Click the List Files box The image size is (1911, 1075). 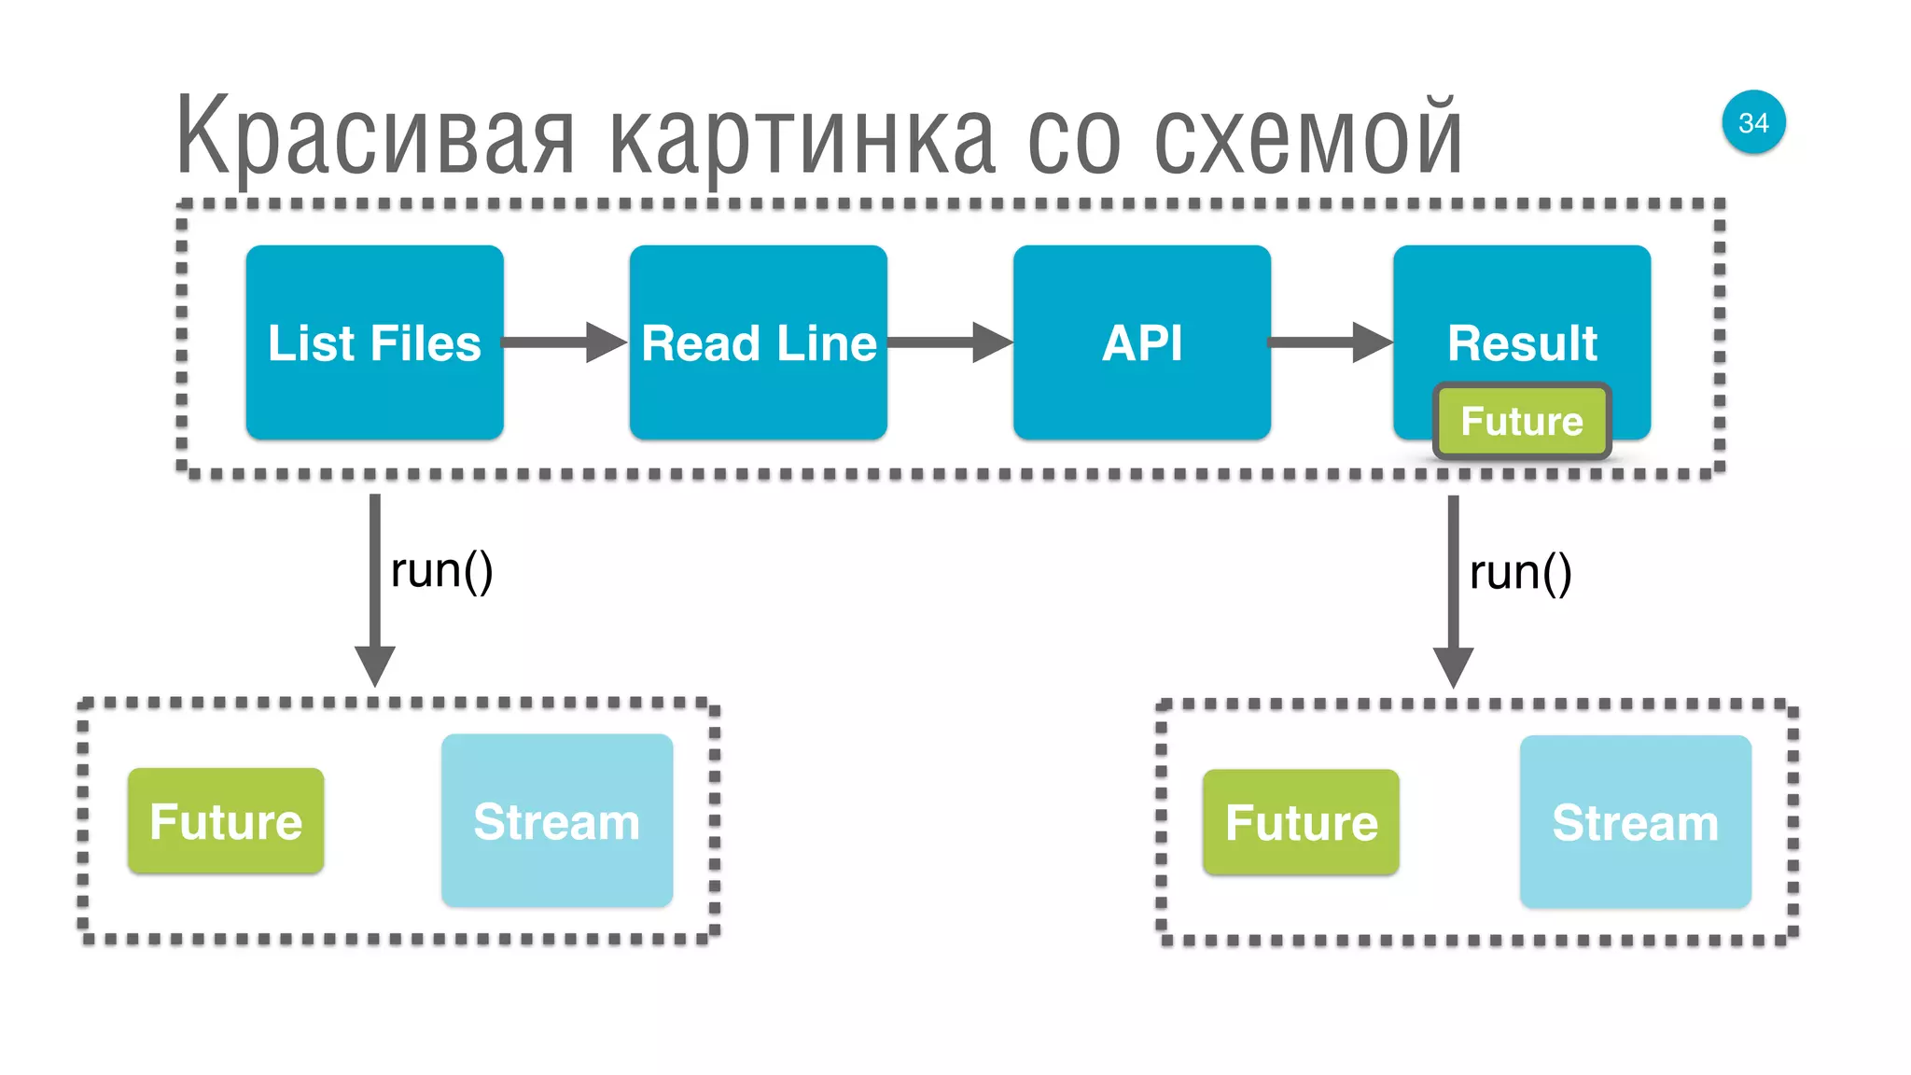click(374, 342)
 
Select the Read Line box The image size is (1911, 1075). click(758, 342)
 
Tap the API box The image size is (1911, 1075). click(1141, 342)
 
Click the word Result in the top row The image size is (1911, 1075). click(1522, 342)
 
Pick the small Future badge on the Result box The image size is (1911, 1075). click(1522, 421)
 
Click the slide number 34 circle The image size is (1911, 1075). click(1753, 122)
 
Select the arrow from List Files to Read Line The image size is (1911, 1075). click(565, 342)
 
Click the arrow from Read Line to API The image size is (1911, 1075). click(949, 342)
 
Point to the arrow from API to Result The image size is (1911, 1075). click(1330, 342)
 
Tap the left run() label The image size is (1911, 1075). click(441, 570)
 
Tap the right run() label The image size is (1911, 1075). click(1520, 572)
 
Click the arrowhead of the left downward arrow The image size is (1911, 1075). click(375, 664)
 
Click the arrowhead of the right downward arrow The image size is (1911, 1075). click(1453, 666)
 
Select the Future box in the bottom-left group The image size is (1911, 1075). click(226, 821)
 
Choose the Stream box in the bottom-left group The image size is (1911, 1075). click(557, 820)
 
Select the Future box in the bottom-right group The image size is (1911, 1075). click(1301, 822)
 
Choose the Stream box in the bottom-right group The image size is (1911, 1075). click(1635, 822)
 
